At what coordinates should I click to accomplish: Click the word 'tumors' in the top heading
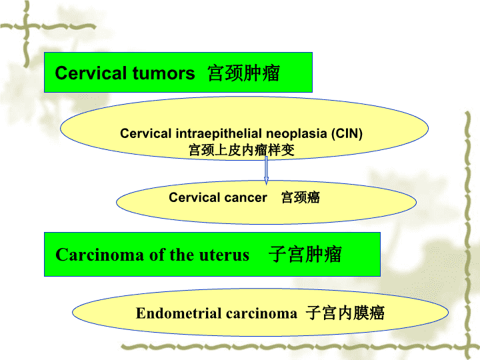164,73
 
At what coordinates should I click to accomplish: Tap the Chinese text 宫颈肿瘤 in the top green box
244,73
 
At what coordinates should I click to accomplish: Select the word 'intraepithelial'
219,133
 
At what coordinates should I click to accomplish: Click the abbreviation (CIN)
347,133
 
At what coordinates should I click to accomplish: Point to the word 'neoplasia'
296,134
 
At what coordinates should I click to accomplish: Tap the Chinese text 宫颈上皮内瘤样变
241,150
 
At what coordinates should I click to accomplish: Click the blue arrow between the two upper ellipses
266,171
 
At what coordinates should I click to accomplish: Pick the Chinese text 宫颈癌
300,197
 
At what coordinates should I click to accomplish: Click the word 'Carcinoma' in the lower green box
99,255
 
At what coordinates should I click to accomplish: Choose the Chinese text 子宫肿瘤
305,254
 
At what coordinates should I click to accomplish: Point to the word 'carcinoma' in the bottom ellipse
261,313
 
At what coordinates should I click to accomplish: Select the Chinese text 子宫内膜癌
345,313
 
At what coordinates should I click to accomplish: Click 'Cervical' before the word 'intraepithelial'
146,133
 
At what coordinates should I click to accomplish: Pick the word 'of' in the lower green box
157,255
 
